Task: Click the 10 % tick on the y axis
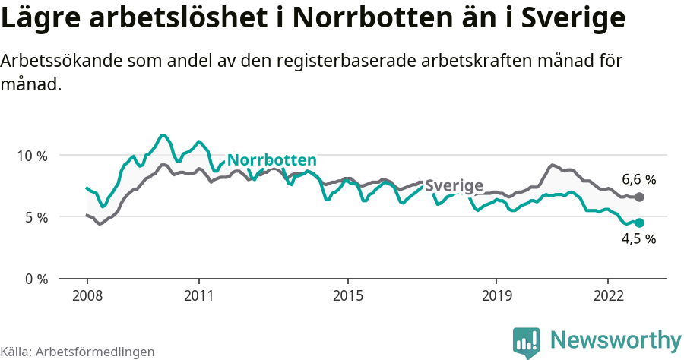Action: pos(31,156)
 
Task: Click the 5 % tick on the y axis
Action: pos(35,217)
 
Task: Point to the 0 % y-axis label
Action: pos(35,279)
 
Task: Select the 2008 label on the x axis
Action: pos(87,295)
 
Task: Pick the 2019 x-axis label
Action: pos(496,295)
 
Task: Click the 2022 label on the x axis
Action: pos(607,295)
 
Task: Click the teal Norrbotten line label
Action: pos(272,160)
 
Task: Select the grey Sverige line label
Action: pos(454,186)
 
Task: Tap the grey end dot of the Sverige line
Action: pos(640,197)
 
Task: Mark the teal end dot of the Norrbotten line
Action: pos(640,223)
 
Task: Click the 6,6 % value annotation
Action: pos(638,180)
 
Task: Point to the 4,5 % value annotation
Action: pos(638,239)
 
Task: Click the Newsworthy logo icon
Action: pos(526,342)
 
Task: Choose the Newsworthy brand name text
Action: pos(616,339)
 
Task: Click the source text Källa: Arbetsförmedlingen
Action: pos(78,352)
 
